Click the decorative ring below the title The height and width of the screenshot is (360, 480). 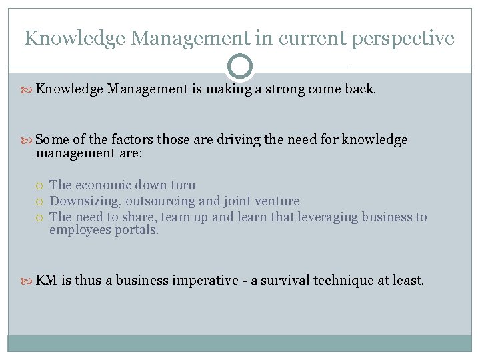tap(240, 66)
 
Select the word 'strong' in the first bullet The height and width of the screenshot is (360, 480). tap(285, 89)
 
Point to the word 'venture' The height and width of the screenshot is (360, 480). tap(277, 201)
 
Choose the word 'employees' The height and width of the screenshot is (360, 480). tap(79, 230)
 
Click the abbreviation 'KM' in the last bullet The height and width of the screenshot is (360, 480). tap(46, 280)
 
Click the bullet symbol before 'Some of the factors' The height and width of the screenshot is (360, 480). tap(28, 140)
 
